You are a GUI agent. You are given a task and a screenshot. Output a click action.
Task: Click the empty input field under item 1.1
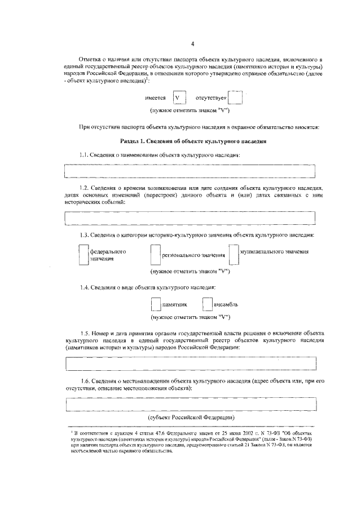pyautogui.click(x=190, y=170)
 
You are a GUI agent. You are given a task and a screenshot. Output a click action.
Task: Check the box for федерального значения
pyautogui.click(x=83, y=255)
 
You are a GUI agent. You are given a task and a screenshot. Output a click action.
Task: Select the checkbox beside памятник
pyautogui.click(x=156, y=304)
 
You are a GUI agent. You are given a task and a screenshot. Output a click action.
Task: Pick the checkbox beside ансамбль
pyautogui.click(x=207, y=304)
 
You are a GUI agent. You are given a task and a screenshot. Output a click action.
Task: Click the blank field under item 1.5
pyautogui.click(x=190, y=365)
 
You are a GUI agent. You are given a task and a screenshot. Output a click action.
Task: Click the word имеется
pyautogui.click(x=155, y=99)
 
